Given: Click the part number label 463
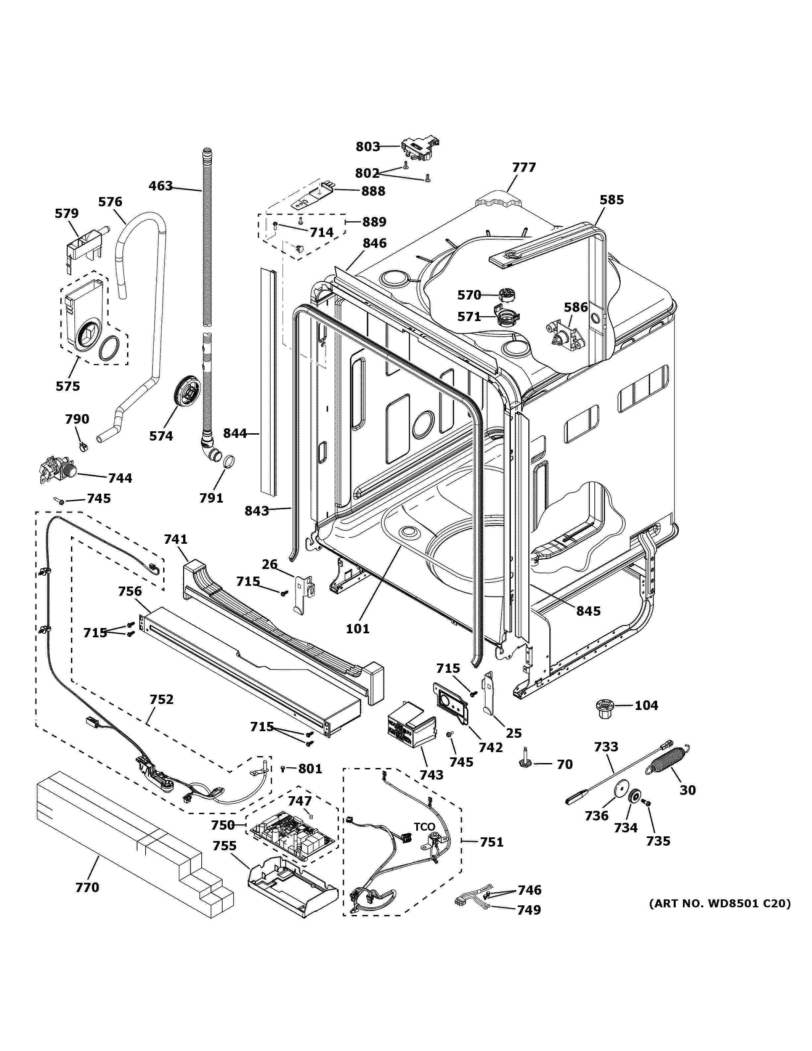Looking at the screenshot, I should tap(160, 186).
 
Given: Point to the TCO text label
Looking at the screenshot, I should tap(424, 827).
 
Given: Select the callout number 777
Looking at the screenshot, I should tap(523, 168).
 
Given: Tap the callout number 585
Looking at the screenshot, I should tap(611, 200).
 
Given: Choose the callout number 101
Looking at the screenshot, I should tap(358, 628).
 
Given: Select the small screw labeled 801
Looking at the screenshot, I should tap(283, 769).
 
